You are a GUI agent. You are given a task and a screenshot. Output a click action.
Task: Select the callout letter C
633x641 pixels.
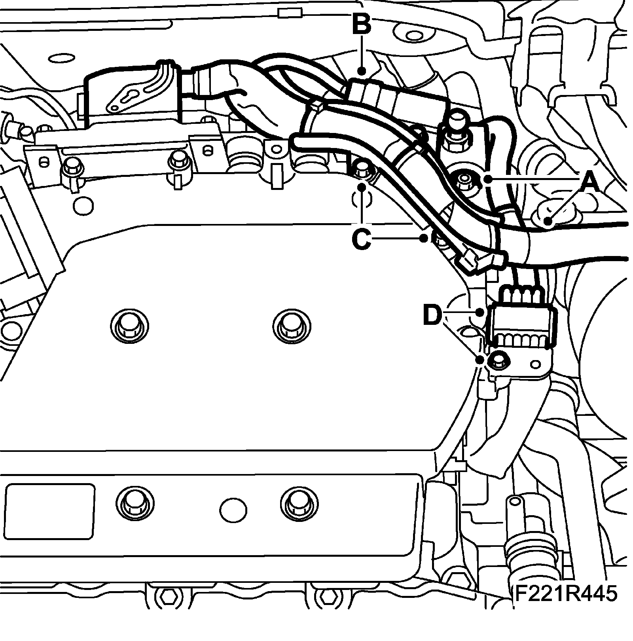coord(361,238)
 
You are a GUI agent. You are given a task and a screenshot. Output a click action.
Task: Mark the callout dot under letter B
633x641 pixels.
coord(362,72)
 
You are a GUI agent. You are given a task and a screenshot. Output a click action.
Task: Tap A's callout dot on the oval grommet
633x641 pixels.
coord(548,221)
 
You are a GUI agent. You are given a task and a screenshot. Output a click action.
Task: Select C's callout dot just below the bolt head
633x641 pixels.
coord(362,186)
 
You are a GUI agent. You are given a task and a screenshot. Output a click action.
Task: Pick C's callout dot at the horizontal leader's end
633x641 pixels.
coord(424,238)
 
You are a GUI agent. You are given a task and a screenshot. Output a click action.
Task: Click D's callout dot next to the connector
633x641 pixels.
coord(480,313)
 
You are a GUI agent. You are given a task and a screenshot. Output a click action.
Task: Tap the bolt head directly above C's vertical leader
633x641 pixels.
coord(361,168)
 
